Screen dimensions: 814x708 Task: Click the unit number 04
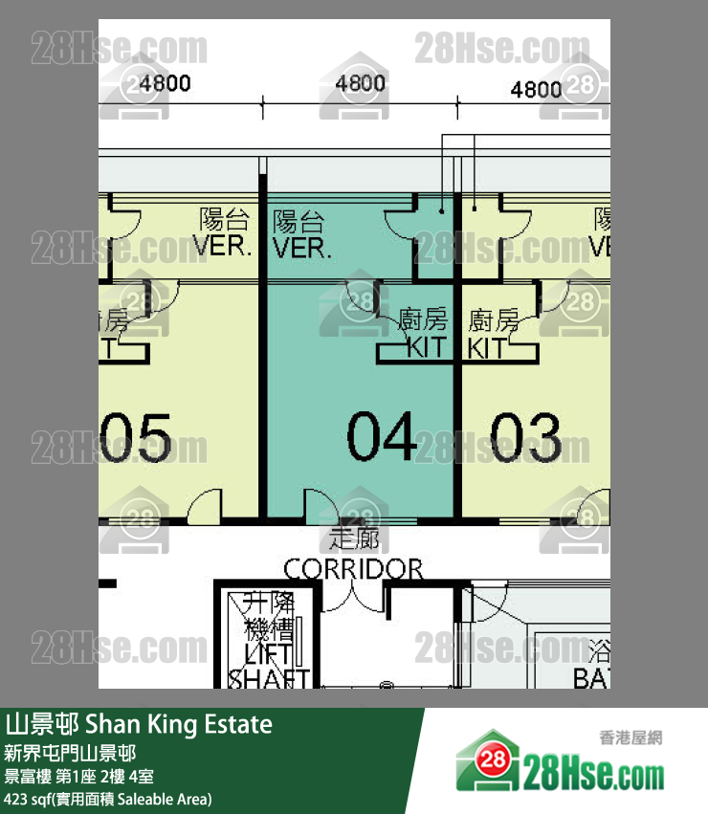coord(381,437)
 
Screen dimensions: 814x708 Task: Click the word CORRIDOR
coord(353,570)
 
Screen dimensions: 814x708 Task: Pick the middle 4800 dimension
coord(360,83)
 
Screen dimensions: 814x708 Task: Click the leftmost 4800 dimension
coord(165,83)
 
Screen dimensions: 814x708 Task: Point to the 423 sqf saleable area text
coord(107,799)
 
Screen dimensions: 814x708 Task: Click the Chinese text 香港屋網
coord(631,737)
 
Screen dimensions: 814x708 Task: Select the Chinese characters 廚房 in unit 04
coord(422,320)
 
